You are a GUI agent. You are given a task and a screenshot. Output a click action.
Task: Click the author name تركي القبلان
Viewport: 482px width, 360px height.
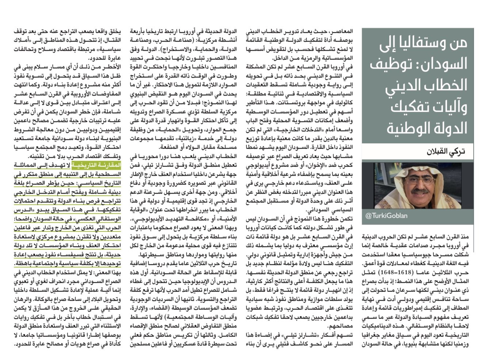[446, 151]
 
